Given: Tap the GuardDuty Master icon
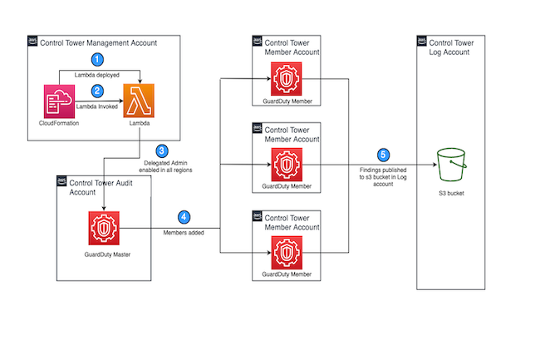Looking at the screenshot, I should tap(105, 229).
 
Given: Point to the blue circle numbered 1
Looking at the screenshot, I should tap(99, 60).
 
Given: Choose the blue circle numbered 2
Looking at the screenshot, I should tap(99, 90).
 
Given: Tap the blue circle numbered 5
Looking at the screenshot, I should tap(382, 154).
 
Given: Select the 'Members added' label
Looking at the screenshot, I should tap(183, 233).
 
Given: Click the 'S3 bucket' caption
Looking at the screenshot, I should tap(453, 195).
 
